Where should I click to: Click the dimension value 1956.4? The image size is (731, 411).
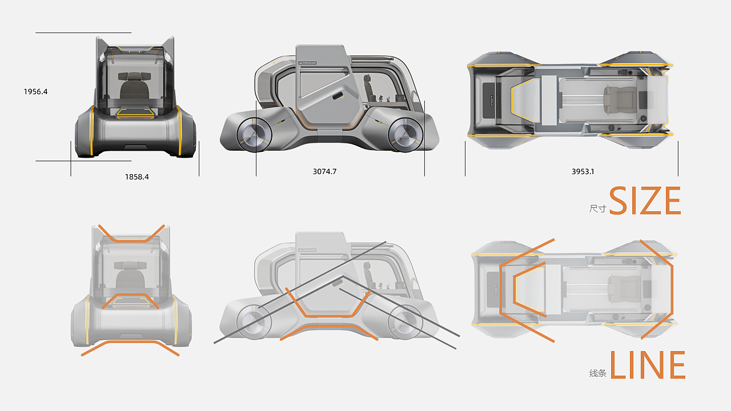tap(35, 91)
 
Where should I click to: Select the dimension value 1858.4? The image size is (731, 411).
tap(137, 177)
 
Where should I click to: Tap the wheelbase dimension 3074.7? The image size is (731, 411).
tap(325, 171)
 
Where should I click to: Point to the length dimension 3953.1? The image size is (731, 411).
tap(583, 171)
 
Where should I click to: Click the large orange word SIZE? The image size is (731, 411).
tap(645, 201)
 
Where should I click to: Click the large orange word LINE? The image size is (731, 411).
tap(647, 365)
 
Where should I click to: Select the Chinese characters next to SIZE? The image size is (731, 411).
tap(597, 209)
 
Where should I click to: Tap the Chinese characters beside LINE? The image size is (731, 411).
tap(597, 374)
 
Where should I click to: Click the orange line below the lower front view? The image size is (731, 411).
tap(130, 344)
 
